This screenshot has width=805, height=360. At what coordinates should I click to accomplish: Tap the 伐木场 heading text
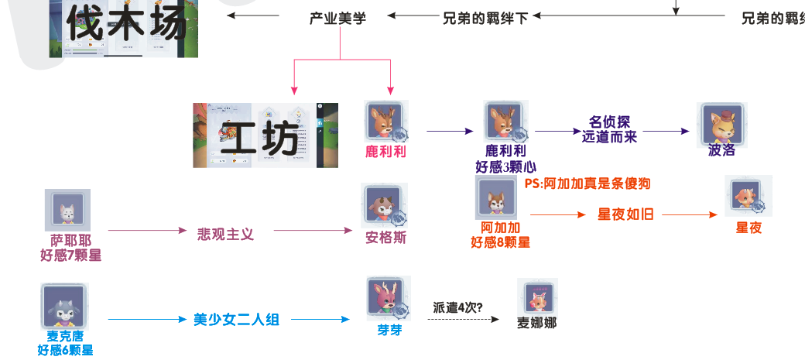[x=127, y=24]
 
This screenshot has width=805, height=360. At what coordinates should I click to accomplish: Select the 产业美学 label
[x=337, y=16]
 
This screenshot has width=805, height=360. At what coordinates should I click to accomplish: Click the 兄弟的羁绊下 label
[x=485, y=16]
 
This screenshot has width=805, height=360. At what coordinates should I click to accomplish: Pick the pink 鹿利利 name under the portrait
[x=385, y=152]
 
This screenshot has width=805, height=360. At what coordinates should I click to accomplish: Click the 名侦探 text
[x=609, y=122]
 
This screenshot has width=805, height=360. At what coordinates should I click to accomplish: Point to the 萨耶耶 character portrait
[x=68, y=210]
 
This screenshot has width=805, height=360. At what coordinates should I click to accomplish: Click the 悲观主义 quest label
[x=225, y=232]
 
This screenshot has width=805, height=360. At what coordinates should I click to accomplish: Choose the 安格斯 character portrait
[x=385, y=206]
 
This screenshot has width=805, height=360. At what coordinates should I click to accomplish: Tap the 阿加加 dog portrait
[x=495, y=197]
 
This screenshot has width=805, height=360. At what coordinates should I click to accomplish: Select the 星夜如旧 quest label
[x=625, y=214]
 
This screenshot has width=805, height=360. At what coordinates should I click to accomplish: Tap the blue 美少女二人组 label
[x=236, y=319]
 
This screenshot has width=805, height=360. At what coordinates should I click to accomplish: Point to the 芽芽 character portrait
[x=389, y=299]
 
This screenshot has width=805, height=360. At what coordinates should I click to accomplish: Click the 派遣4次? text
[x=459, y=307]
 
